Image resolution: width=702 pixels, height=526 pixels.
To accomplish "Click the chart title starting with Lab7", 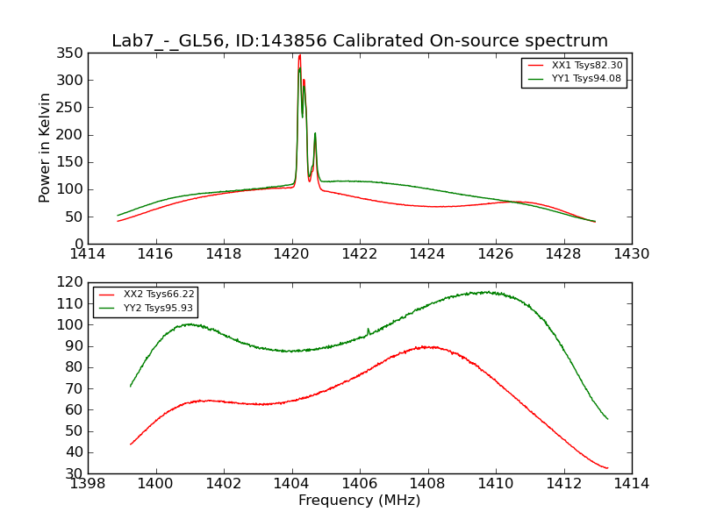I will [x=360, y=41].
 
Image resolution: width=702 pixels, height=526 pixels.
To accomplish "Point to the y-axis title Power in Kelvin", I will [x=45, y=147].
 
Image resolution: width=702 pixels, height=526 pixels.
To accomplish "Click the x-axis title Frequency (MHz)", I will [x=360, y=501].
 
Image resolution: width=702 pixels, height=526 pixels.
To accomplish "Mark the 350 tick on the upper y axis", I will [x=72, y=53].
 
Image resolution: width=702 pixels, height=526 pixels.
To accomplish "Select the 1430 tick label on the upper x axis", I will [x=632, y=254].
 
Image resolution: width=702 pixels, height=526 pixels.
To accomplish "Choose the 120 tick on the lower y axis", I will [x=72, y=282].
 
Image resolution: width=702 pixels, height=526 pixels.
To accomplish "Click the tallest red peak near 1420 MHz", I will [x=299, y=55].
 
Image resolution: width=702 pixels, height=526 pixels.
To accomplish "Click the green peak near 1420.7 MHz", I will [x=315, y=133].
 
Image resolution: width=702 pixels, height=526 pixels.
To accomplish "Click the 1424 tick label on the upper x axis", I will [x=428, y=254].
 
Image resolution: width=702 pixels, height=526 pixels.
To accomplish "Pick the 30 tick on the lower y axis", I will [x=75, y=473].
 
